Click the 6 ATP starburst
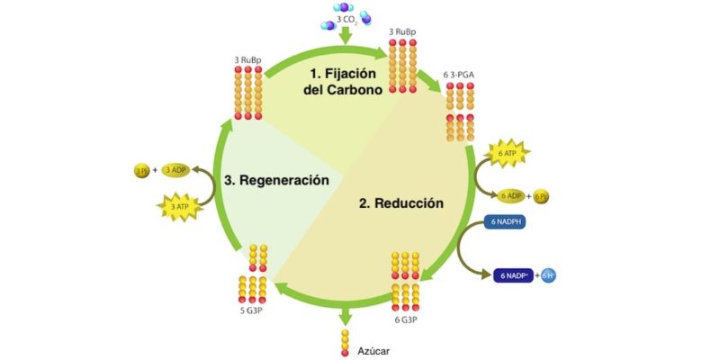point(509,154)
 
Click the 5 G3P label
point(254,312)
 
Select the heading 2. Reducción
point(401,203)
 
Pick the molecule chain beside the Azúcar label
point(343,342)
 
